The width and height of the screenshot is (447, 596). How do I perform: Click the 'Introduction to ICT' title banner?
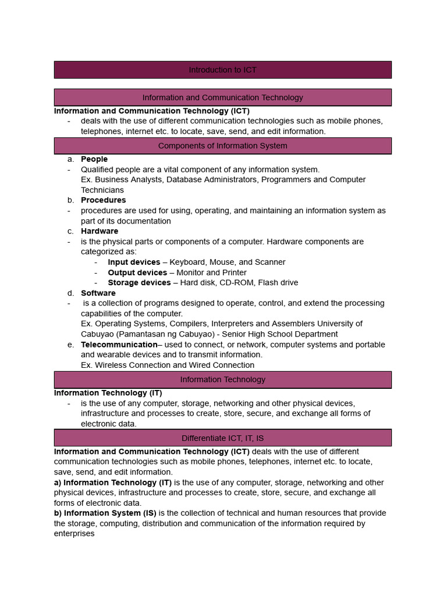(x=222, y=70)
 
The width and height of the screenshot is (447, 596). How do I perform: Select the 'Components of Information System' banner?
(x=222, y=146)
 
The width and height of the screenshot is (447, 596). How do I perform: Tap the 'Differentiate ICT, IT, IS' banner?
(x=222, y=438)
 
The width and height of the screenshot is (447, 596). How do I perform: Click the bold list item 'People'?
(x=94, y=159)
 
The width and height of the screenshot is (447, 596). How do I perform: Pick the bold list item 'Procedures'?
(x=103, y=200)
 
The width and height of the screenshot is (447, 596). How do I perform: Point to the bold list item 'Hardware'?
(x=100, y=231)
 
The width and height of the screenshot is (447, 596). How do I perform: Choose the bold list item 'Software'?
(x=98, y=293)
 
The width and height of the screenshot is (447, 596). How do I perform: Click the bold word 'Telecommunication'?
(x=119, y=345)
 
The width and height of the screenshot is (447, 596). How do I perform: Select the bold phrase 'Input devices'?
(x=134, y=262)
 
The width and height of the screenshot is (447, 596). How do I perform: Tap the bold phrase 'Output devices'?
(x=137, y=272)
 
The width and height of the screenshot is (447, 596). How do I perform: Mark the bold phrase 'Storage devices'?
(x=139, y=283)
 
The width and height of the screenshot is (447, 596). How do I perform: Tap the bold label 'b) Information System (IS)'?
(x=105, y=513)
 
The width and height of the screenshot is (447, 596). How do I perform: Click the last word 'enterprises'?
(x=74, y=534)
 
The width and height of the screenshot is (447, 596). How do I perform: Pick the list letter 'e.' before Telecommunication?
(x=70, y=345)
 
